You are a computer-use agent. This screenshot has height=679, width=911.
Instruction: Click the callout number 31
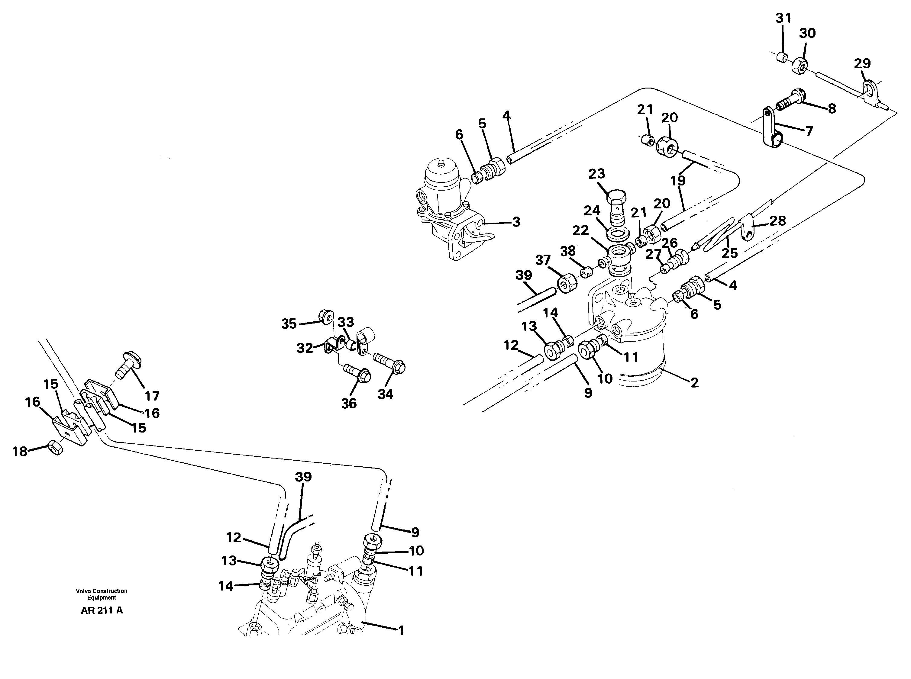783,18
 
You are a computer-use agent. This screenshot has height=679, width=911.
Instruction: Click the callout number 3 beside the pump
516,222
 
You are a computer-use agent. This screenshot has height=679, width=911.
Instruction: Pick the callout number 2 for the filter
694,383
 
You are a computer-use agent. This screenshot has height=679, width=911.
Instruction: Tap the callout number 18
20,451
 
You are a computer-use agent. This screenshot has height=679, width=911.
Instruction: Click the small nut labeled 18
55,447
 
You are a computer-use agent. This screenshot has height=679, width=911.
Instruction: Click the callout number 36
349,404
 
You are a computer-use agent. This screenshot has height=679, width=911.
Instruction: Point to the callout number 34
385,394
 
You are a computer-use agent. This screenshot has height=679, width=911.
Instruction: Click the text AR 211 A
102,611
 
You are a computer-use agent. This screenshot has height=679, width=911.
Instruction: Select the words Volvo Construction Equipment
102,594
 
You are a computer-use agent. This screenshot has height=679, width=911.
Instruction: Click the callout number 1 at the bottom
401,630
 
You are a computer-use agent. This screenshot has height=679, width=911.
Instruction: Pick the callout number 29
862,64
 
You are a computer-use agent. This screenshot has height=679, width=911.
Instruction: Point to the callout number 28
777,221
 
